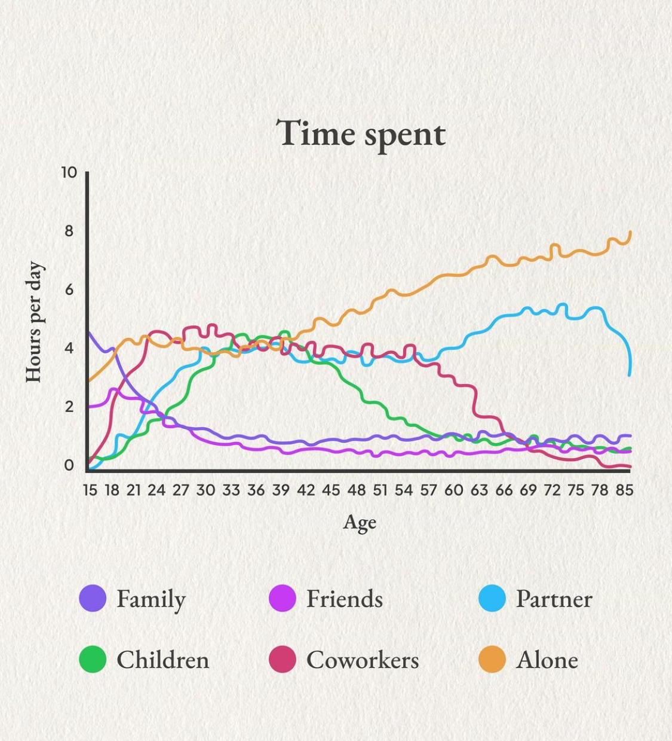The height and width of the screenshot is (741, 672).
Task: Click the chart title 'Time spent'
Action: coord(360,133)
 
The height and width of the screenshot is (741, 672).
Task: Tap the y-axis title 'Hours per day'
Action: coord(33,322)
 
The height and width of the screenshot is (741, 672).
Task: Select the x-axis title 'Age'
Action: coord(360,523)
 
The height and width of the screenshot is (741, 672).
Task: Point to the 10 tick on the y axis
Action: coord(69,173)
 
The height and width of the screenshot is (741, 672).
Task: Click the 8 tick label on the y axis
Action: coord(69,231)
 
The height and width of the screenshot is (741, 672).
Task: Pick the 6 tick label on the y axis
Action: coord(69,289)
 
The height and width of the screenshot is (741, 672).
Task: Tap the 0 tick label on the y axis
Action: coord(69,465)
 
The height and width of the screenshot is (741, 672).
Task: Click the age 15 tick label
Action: coord(90,490)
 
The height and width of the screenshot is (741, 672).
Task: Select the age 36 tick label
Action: coord(256,490)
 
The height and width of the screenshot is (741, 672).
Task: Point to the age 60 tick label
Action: coord(453,490)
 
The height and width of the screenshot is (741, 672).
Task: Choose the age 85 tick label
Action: coord(624,490)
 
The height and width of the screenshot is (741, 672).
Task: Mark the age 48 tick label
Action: coord(356,490)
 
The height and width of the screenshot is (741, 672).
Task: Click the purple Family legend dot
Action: coord(93,598)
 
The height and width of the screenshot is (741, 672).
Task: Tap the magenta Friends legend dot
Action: coord(283,598)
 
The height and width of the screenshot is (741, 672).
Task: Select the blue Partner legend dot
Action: coord(492,598)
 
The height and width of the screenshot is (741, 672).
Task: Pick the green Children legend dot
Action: coord(93,659)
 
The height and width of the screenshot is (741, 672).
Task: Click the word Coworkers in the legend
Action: coord(363,660)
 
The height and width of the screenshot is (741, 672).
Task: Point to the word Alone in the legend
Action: coord(547,660)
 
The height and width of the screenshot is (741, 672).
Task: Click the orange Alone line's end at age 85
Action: coord(630,233)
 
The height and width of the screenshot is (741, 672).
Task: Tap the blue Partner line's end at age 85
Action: coord(630,374)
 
